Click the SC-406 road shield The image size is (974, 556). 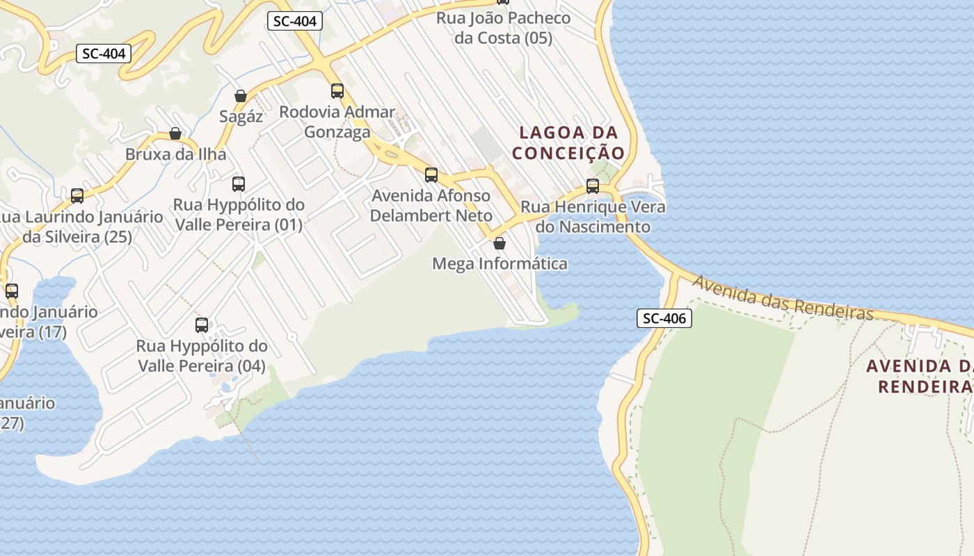(664, 319)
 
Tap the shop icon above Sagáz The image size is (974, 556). (241, 96)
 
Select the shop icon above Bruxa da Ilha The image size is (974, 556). (175, 133)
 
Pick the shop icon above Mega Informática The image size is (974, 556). (499, 243)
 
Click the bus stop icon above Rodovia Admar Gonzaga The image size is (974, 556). (337, 91)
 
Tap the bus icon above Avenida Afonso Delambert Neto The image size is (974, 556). (431, 175)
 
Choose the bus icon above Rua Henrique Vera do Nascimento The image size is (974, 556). (593, 186)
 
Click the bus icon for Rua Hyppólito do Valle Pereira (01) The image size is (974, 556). (239, 184)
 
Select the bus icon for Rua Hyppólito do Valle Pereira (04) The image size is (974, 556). (202, 325)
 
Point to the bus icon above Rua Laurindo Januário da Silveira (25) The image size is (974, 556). (77, 196)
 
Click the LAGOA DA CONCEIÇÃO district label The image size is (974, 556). (568, 142)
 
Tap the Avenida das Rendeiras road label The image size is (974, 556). (783, 298)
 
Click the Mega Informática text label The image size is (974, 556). (500, 264)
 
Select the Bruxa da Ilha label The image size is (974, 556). (175, 154)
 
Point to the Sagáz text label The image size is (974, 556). (241, 117)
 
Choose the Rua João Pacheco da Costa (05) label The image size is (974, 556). (503, 28)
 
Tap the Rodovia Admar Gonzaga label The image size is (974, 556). (337, 122)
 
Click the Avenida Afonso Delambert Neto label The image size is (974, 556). (431, 206)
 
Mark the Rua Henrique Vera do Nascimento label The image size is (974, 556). (593, 217)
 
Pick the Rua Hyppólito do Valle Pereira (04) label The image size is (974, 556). (202, 356)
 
